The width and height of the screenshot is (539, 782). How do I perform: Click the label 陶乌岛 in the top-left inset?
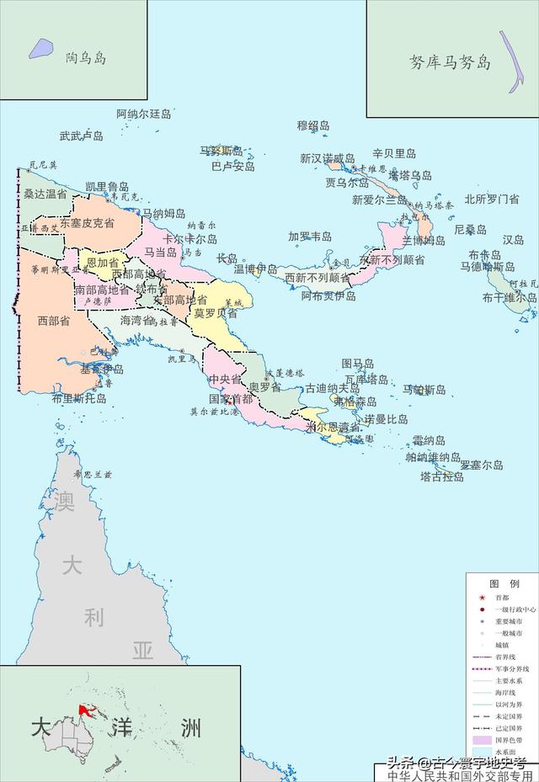click(x=86, y=58)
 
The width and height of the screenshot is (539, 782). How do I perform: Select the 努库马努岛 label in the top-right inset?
click(x=450, y=62)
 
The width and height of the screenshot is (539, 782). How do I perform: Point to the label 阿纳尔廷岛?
click(x=144, y=114)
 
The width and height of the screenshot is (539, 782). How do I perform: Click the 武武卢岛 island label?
click(x=81, y=135)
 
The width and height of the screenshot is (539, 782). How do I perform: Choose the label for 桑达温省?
click(x=45, y=194)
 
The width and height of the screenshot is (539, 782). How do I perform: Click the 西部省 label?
click(x=53, y=320)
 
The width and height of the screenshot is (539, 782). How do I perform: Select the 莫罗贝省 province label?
click(x=215, y=312)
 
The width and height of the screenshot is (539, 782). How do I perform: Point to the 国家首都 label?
click(x=231, y=398)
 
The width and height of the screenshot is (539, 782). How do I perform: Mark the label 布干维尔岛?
click(x=510, y=297)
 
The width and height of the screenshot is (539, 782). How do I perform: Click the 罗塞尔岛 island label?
click(x=481, y=464)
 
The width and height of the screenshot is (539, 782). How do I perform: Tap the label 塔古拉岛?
click(x=441, y=476)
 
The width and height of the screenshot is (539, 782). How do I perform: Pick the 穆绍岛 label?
click(x=313, y=125)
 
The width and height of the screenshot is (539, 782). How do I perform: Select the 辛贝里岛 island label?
click(x=394, y=154)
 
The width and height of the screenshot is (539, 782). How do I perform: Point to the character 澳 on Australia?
click(x=65, y=502)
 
